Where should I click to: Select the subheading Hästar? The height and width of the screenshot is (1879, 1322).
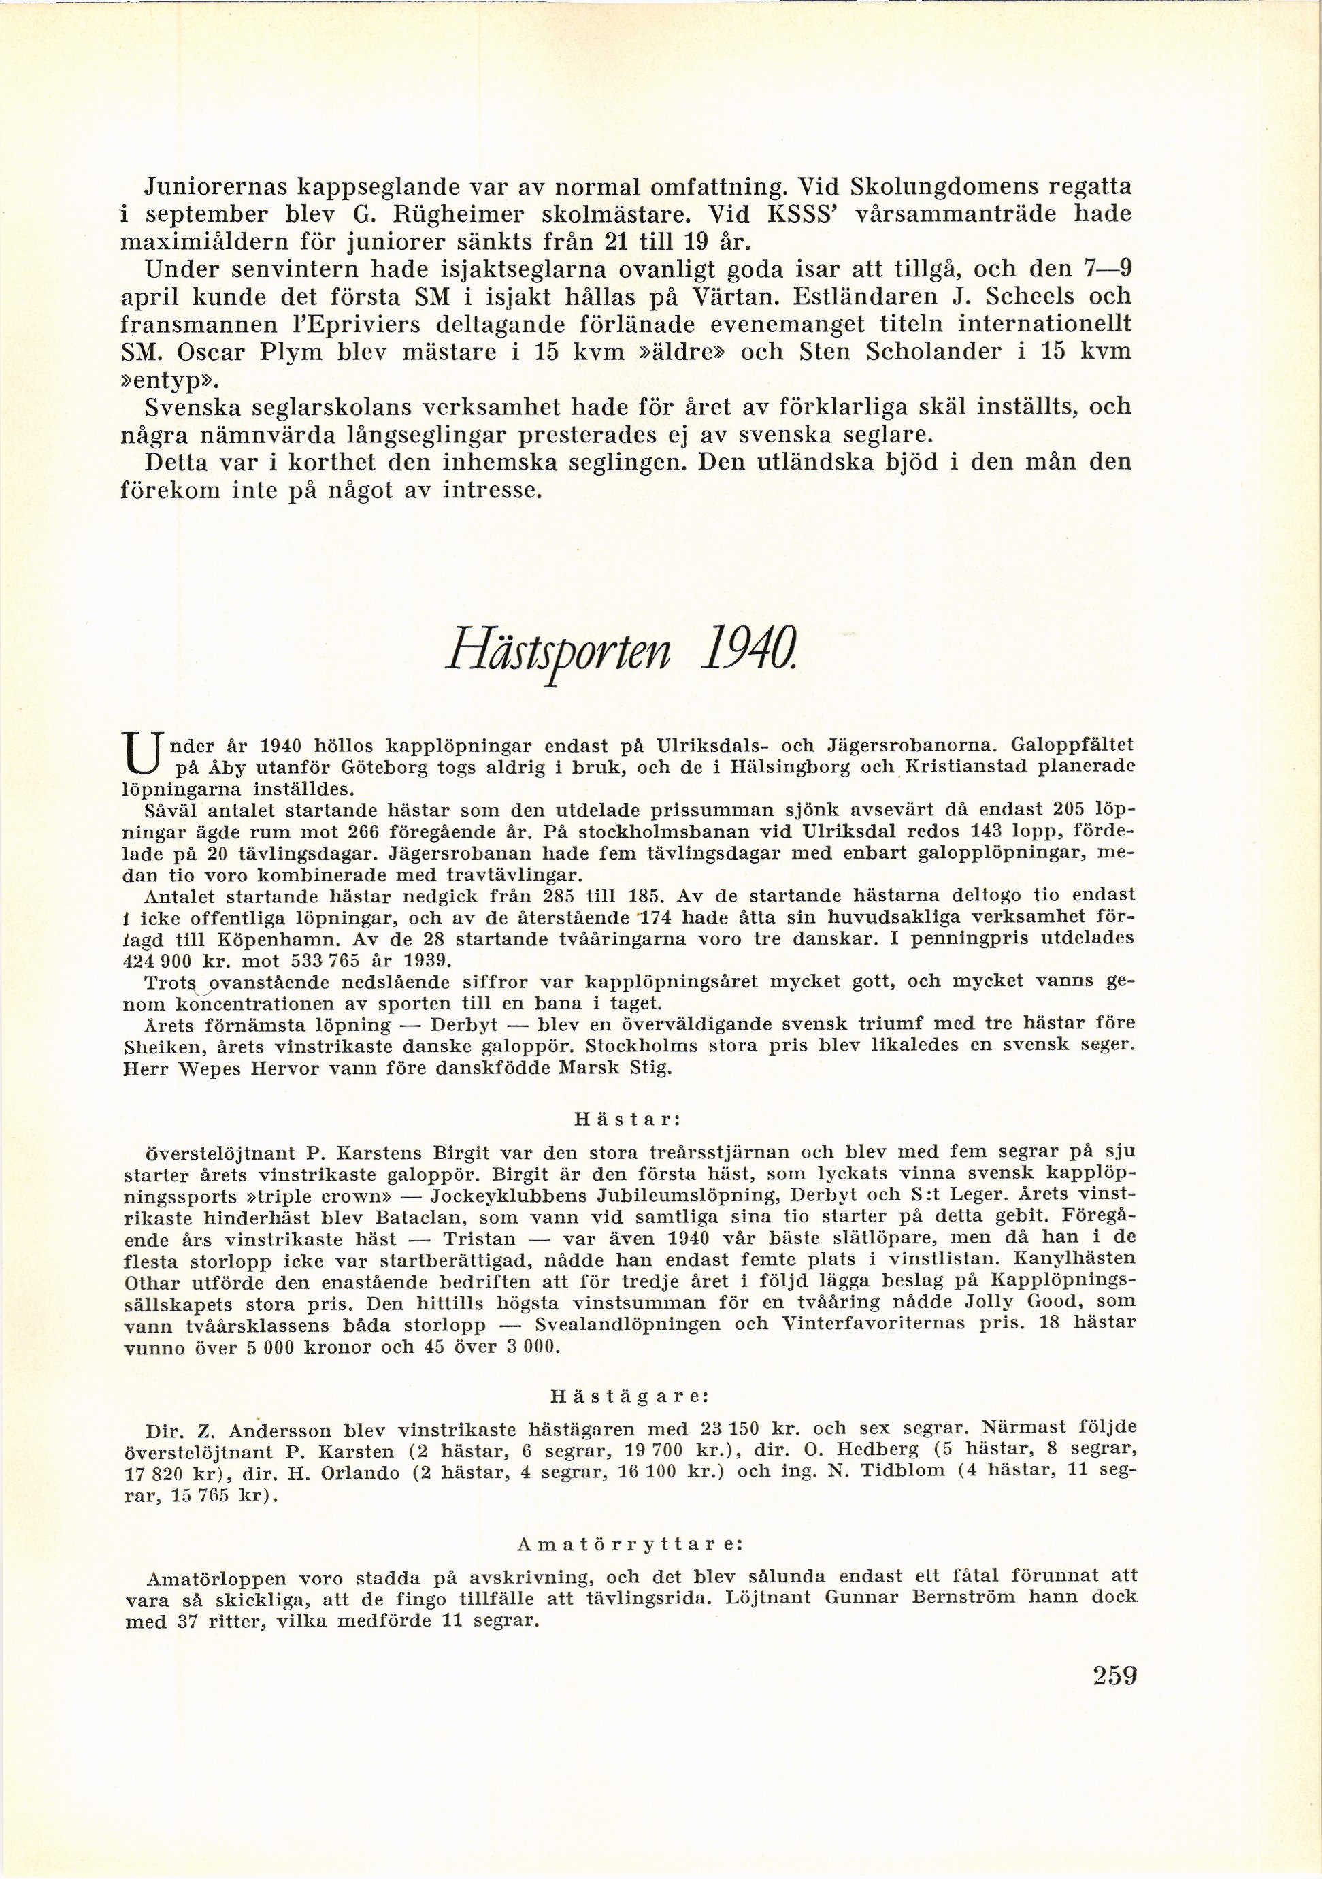623,1118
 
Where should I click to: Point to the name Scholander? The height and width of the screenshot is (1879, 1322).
947,351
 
